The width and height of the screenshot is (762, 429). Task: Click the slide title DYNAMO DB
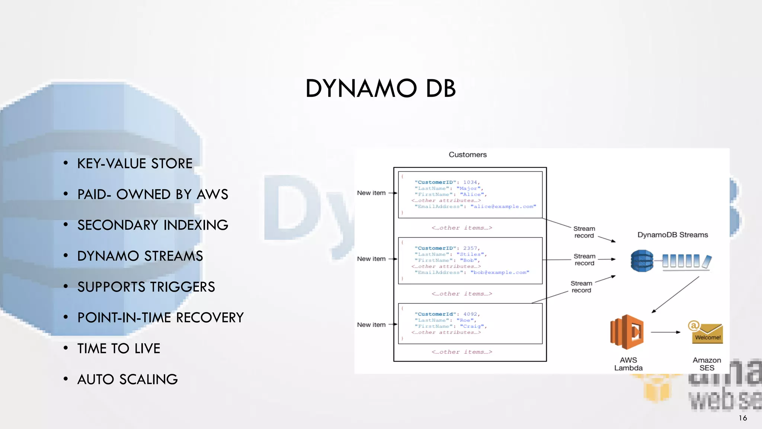click(x=380, y=89)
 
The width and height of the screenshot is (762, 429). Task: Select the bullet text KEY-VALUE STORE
click(x=135, y=163)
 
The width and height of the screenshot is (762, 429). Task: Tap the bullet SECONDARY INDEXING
click(x=153, y=225)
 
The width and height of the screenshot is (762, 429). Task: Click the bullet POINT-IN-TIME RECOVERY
click(x=160, y=318)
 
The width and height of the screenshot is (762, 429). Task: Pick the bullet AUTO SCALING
click(x=127, y=379)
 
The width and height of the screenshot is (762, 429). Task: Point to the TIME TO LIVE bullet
click(x=119, y=349)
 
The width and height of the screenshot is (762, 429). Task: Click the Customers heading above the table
click(x=467, y=155)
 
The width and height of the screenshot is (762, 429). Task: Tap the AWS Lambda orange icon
click(x=627, y=332)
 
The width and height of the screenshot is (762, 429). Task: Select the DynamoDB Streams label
click(x=672, y=235)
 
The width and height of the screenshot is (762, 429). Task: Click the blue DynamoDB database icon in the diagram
click(x=642, y=261)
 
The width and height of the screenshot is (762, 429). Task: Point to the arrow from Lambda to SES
click(x=665, y=332)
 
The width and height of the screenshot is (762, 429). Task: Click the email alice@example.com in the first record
click(x=503, y=207)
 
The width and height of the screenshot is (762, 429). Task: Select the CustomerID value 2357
click(x=470, y=248)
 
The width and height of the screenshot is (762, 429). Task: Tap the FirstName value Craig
click(x=472, y=327)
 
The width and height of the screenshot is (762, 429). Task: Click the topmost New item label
click(x=371, y=193)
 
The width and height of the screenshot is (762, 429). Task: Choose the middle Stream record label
click(x=584, y=260)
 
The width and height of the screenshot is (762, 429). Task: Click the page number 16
click(x=743, y=418)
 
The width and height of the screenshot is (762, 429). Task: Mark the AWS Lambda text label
click(x=628, y=364)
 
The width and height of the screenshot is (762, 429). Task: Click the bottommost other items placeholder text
click(x=461, y=352)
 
